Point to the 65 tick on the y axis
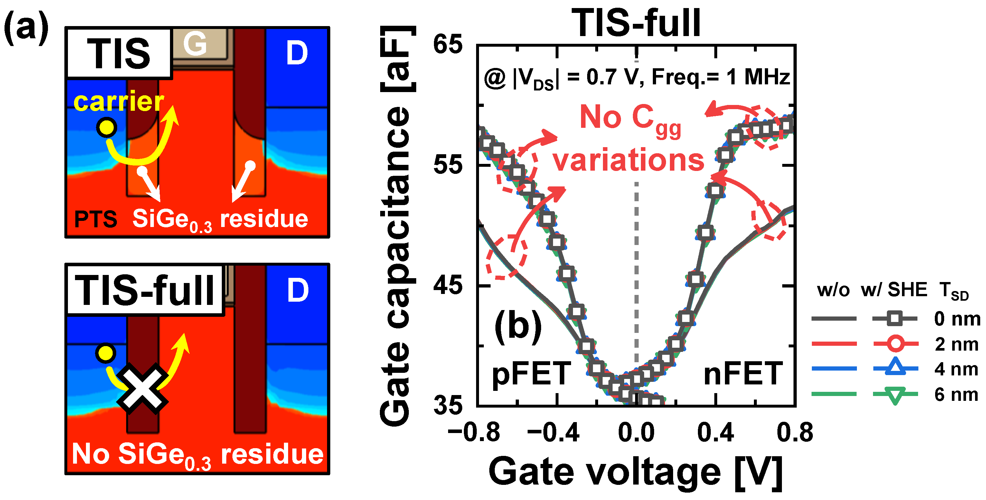(447, 44)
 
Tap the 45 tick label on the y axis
(447, 285)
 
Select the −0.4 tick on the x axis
(553, 433)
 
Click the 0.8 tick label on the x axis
(794, 433)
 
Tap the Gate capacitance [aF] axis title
(396, 226)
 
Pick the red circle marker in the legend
(896, 344)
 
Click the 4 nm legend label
(956, 369)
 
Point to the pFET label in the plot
(531, 373)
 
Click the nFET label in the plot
(743, 373)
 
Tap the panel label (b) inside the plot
(518, 326)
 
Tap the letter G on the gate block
(195, 43)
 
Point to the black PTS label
(96, 219)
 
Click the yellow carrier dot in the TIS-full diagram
(106, 353)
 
